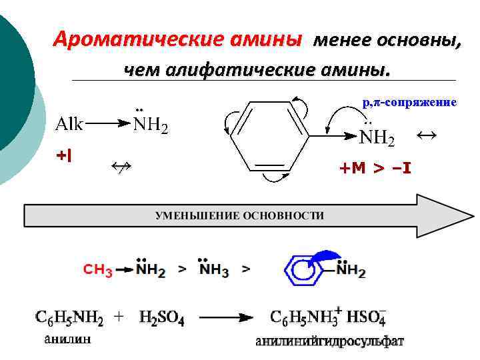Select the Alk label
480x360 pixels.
coord(69,124)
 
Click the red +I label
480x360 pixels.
coord(64,156)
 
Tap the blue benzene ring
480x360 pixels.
coord(304,269)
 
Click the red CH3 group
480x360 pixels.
coord(97,270)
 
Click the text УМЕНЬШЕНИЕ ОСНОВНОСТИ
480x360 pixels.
coord(239,215)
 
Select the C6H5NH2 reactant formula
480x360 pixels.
coord(69,318)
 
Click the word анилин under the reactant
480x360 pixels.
coord(67,340)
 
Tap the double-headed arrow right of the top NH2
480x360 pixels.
coord(426,135)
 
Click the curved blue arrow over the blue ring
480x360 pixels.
coord(325,257)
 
